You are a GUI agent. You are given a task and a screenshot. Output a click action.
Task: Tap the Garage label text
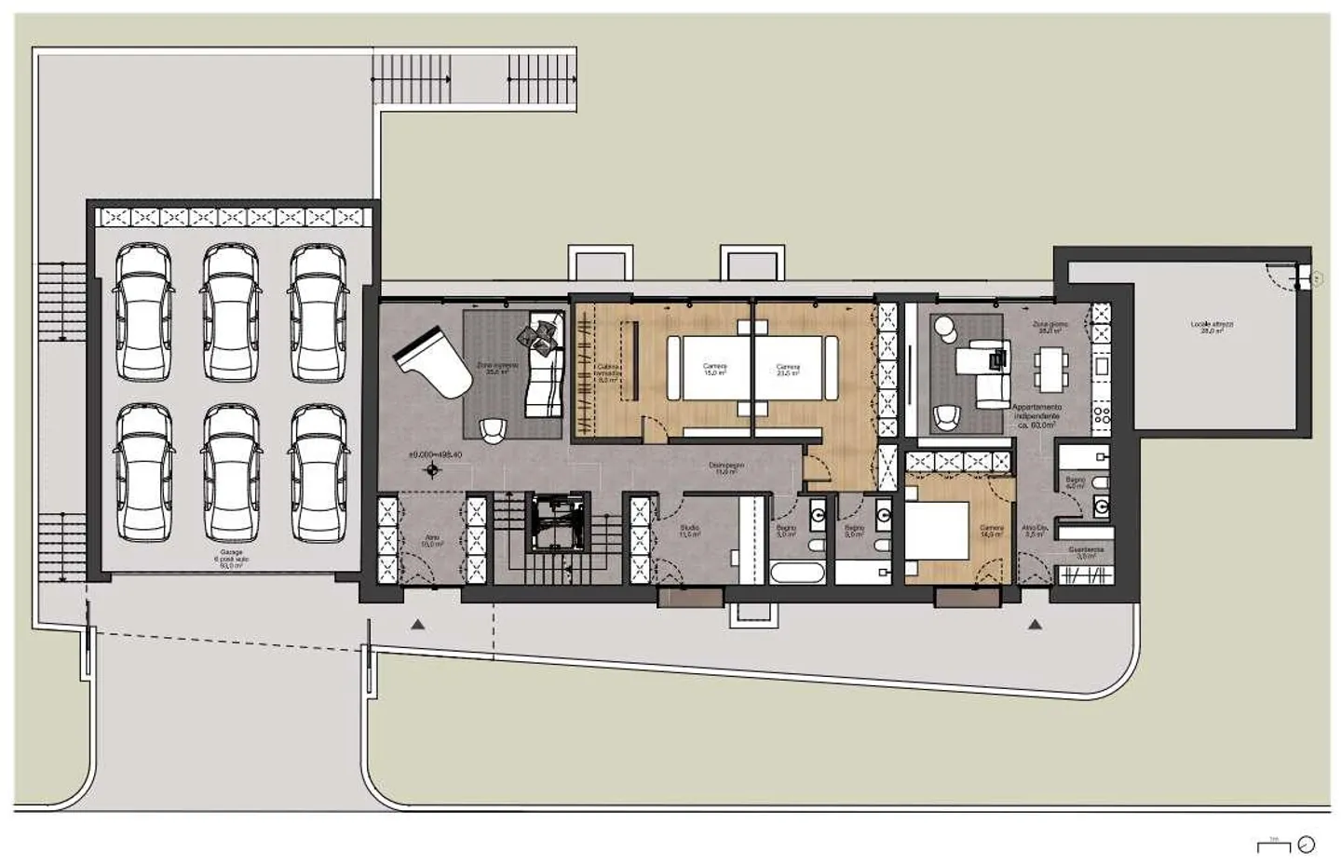(231, 558)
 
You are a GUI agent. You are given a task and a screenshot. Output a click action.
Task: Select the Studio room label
(689, 531)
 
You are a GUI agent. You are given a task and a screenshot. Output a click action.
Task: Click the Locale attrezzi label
(1212, 326)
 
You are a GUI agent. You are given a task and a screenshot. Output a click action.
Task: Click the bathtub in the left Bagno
(797, 571)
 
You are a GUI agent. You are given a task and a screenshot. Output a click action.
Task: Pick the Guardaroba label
(1086, 552)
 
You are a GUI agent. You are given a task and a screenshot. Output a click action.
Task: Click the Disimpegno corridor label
(725, 467)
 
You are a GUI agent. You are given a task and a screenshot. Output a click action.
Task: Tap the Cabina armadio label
(607, 372)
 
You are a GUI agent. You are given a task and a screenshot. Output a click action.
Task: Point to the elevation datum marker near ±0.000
(432, 471)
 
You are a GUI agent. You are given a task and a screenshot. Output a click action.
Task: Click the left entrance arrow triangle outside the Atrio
(418, 625)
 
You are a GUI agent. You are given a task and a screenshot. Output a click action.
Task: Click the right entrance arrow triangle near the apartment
(1035, 625)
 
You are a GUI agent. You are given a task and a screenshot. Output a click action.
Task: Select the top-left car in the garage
(143, 312)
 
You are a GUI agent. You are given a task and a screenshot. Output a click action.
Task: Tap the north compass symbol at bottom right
(1307, 845)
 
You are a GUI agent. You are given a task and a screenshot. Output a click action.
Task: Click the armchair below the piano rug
(494, 429)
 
